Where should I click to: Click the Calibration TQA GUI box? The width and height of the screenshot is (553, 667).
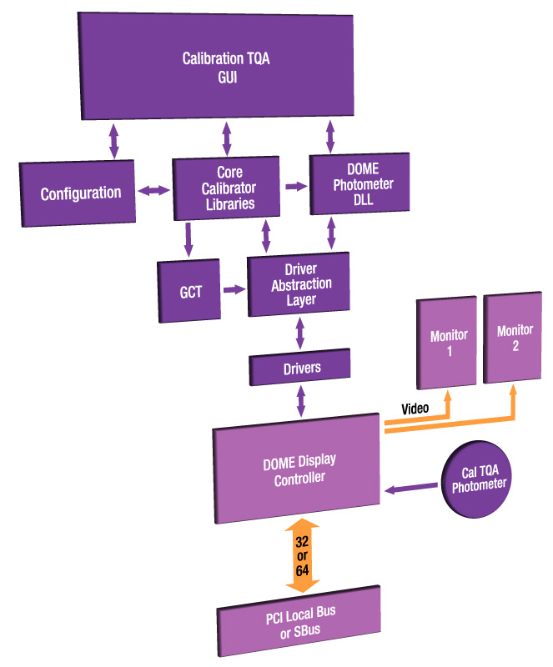[225, 67]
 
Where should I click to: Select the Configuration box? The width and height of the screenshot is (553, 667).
[80, 193]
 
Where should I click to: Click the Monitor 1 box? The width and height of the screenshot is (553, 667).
[448, 343]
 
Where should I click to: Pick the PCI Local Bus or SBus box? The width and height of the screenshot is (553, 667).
[299, 620]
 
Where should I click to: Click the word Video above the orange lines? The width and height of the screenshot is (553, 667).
[415, 409]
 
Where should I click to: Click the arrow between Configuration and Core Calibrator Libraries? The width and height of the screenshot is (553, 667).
[153, 191]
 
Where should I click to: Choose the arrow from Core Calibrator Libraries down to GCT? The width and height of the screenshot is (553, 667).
[189, 240]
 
